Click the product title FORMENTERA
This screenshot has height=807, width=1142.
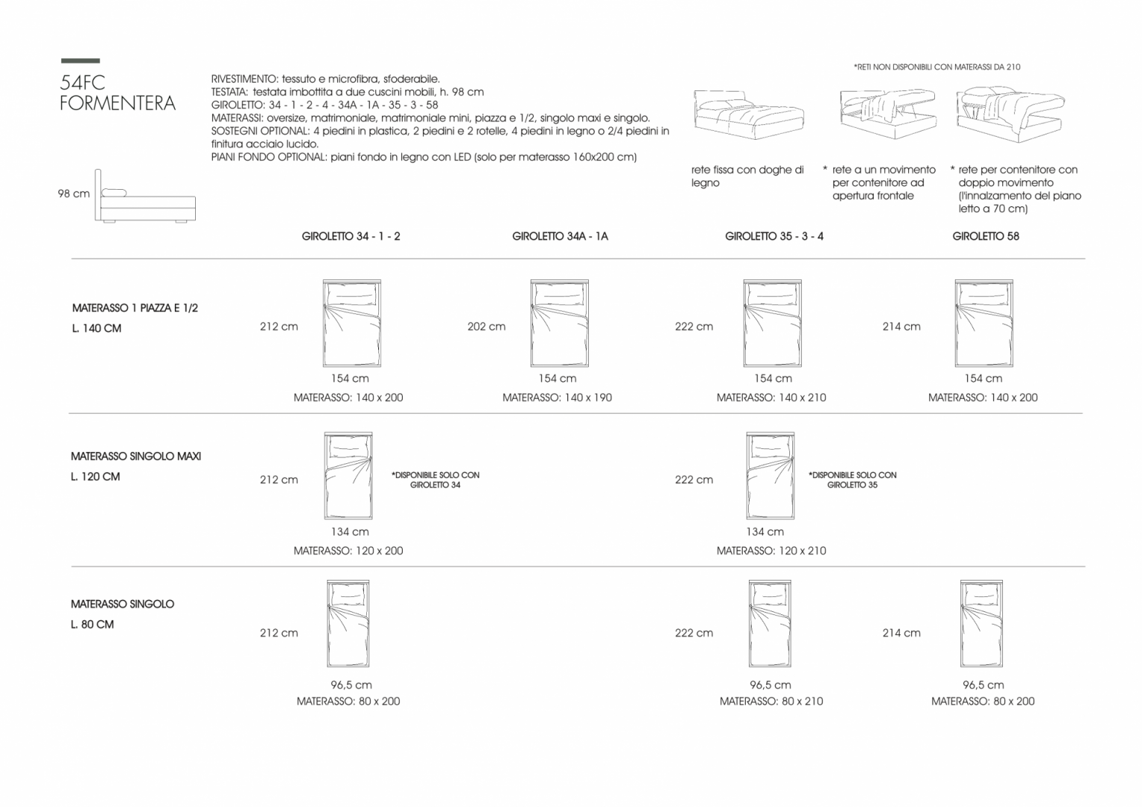coord(118,103)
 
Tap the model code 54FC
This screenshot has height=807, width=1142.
coord(83,82)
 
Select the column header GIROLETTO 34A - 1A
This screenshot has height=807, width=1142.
coord(560,237)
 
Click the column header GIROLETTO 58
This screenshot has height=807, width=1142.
coord(986,237)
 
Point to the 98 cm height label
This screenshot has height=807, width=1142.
coord(73,194)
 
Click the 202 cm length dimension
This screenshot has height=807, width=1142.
coord(487,327)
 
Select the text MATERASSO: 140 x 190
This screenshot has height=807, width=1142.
coord(558,398)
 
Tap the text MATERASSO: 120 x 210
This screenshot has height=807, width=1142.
coord(771,551)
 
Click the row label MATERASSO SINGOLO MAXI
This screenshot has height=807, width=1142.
coord(135,457)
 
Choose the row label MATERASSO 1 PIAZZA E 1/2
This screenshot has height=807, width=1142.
coord(135,308)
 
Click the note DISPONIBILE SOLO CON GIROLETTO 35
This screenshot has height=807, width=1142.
coord(853,480)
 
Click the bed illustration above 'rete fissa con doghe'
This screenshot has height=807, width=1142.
coord(748,114)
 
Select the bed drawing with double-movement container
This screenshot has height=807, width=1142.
coord(1010,114)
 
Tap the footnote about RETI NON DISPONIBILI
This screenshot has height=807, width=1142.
coord(937,67)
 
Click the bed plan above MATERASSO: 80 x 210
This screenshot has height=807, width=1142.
coord(770,623)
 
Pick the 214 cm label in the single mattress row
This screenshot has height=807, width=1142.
coord(901,633)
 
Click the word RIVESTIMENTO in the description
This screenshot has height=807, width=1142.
coord(244,79)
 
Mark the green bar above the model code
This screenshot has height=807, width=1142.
coord(81,61)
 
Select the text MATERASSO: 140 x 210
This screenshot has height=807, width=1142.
coord(771,398)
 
